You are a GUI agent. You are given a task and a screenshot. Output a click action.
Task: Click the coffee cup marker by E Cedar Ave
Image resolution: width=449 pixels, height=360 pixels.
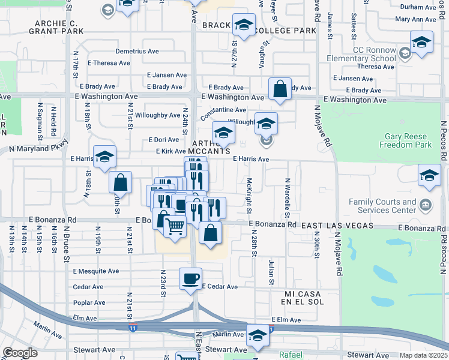(191, 279)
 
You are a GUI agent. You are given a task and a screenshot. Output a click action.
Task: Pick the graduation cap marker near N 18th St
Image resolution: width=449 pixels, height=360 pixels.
(104, 157)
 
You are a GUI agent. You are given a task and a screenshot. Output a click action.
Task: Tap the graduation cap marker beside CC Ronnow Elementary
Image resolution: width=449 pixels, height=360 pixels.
(421, 42)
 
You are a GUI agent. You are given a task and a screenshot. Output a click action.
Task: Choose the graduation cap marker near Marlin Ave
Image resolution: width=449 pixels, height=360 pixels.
(258, 335)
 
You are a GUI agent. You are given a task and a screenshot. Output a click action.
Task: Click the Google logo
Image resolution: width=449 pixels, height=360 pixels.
(20, 353)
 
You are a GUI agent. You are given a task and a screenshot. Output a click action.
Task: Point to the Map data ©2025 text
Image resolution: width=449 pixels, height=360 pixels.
(424, 355)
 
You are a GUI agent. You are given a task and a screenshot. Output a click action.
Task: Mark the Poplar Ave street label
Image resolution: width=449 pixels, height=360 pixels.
(89, 303)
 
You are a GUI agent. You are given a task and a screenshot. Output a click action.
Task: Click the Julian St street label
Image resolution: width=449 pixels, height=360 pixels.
(271, 272)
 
